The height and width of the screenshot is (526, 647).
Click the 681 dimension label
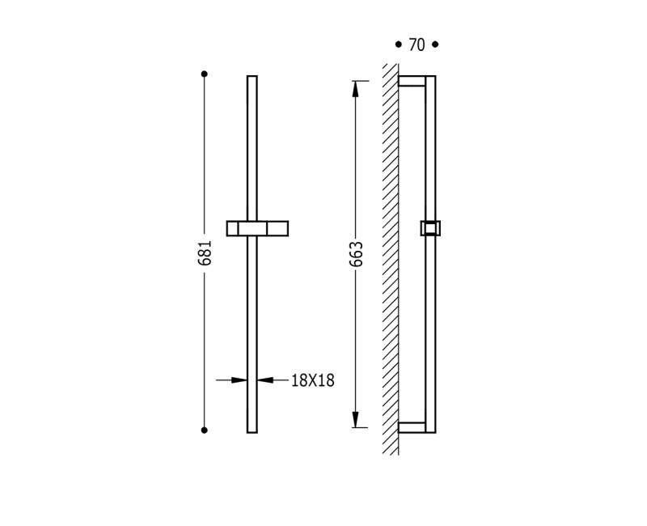click(x=205, y=252)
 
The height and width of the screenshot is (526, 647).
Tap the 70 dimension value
click(x=417, y=45)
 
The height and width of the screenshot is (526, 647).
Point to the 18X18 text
click(x=312, y=380)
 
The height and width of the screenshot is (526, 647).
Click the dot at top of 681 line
click(x=205, y=74)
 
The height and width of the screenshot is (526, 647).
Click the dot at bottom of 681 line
click(x=205, y=431)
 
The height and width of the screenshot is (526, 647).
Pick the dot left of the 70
click(x=398, y=45)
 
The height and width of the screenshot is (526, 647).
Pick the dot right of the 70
click(x=435, y=45)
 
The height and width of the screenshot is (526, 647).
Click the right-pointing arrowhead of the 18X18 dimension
click(x=239, y=380)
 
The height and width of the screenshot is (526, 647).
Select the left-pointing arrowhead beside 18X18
click(x=264, y=380)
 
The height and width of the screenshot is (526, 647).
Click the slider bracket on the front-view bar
click(x=257, y=228)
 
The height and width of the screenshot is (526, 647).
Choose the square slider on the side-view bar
click(x=430, y=228)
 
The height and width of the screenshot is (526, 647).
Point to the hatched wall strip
click(x=391, y=259)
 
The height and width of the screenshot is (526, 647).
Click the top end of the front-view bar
click(x=252, y=78)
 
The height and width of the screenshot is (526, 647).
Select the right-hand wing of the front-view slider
click(x=277, y=228)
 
